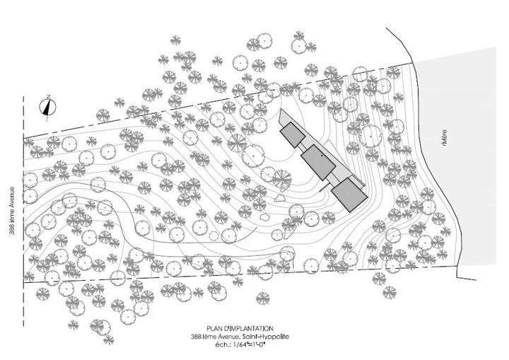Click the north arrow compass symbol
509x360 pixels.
click(49, 108)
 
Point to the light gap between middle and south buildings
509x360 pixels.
click(332, 177)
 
